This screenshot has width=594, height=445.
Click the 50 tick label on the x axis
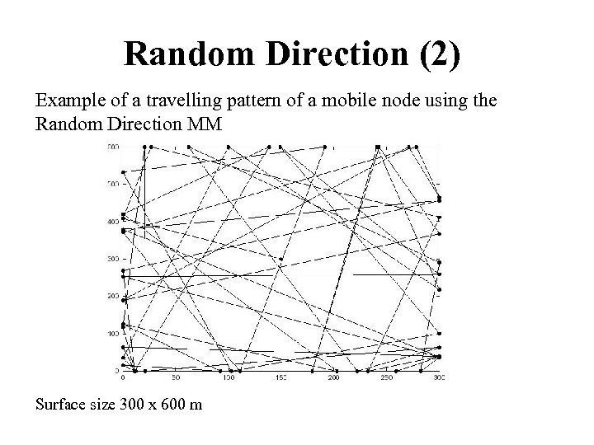[x=175, y=378]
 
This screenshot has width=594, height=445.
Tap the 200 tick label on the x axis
[x=334, y=378]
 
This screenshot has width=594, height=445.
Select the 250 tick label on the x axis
[x=386, y=378]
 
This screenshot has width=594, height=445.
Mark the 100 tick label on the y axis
[x=112, y=334]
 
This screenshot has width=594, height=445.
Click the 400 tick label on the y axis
[x=112, y=222]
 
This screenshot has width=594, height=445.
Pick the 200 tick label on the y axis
[x=112, y=297]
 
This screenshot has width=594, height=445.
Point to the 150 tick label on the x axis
[x=280, y=378]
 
